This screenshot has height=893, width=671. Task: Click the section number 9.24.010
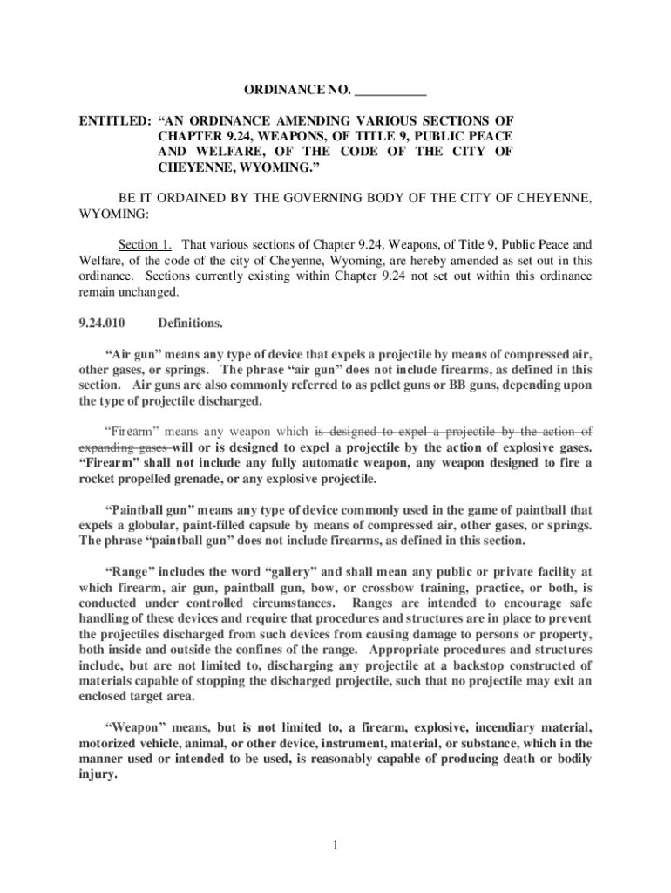click(103, 324)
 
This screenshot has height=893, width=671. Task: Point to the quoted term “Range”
click(132, 572)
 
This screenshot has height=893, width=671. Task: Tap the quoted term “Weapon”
click(137, 727)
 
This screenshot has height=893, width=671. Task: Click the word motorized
click(109, 743)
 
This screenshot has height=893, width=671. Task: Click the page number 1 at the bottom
click(335, 844)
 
